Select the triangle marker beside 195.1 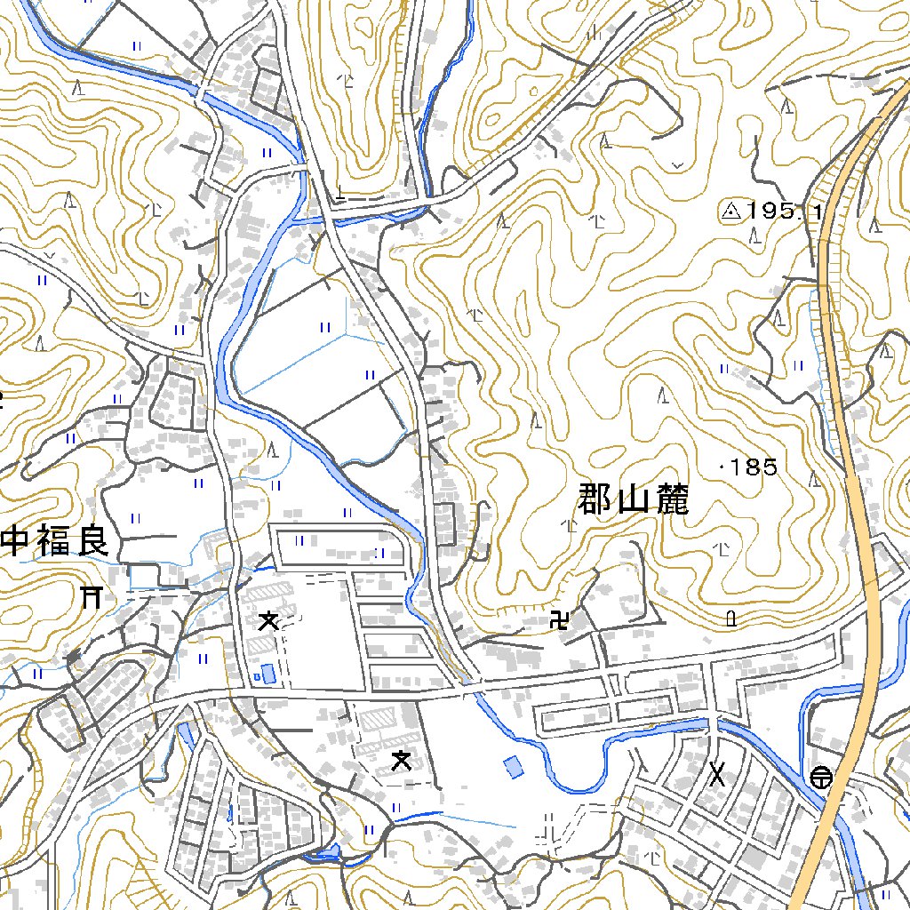[x=730, y=212]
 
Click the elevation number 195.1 [x=786, y=212]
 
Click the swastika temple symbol [x=560, y=619]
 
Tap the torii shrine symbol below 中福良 [x=91, y=597]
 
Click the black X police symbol [x=717, y=775]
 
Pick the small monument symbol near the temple [x=730, y=619]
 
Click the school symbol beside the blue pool [x=267, y=620]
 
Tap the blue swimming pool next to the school [x=268, y=674]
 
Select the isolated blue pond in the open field [x=514, y=766]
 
